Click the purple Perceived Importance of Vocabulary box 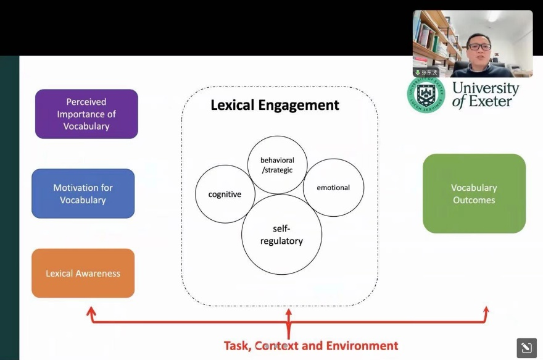click(x=86, y=114)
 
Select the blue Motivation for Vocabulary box click(x=83, y=193)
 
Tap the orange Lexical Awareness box click(x=83, y=273)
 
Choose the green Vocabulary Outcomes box click(x=474, y=193)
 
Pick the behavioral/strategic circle click(x=277, y=164)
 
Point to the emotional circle click(x=333, y=188)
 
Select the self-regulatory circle click(x=281, y=235)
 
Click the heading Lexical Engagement click(x=275, y=105)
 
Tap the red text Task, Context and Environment click(x=310, y=346)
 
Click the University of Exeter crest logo click(x=426, y=94)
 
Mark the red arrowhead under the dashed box click(x=288, y=314)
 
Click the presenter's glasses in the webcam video click(x=479, y=46)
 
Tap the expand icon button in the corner click(x=526, y=348)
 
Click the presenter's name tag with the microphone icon click(x=426, y=72)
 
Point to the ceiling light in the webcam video click(x=494, y=17)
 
